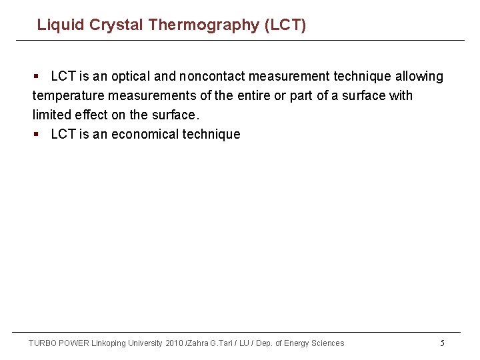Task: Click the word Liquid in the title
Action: click(57, 25)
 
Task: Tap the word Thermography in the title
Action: click(204, 25)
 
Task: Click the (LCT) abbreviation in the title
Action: click(285, 25)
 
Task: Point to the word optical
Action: click(130, 77)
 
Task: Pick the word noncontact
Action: click(212, 77)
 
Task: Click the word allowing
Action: click(418, 77)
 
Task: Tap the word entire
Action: click(252, 96)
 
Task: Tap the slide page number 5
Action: click(442, 343)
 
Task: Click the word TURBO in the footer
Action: click(43, 343)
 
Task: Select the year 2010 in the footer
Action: click(173, 343)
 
